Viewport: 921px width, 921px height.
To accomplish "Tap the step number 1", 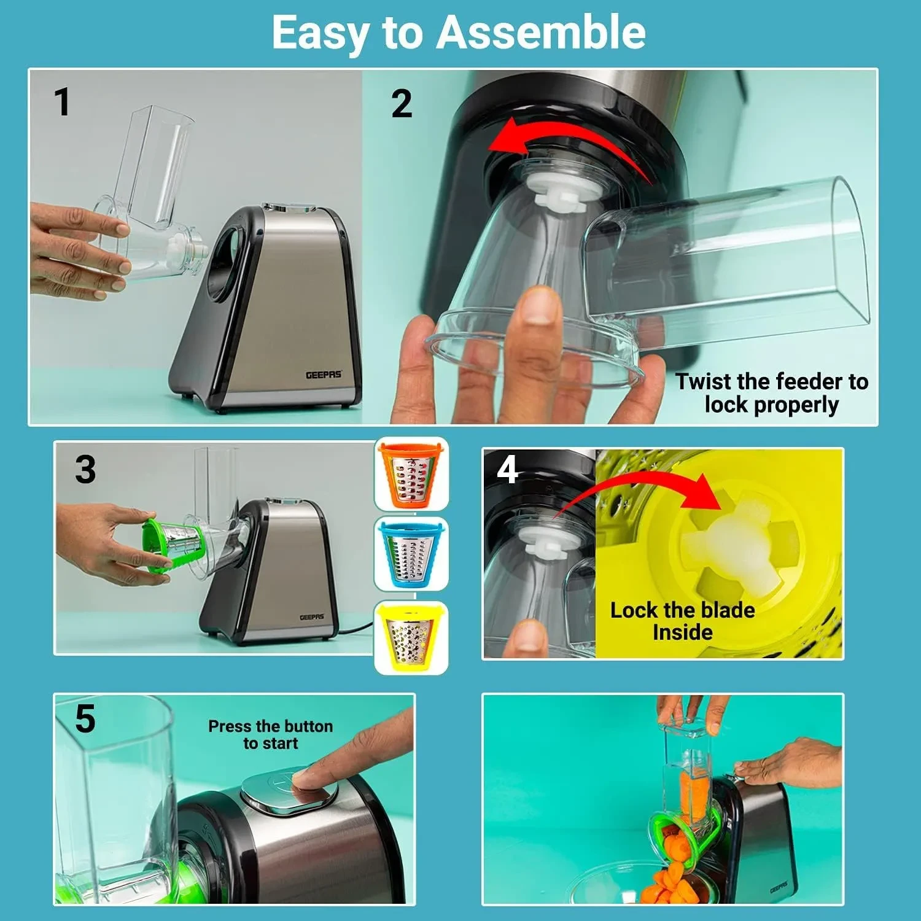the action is coord(62,102).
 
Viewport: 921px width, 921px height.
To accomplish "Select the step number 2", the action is coord(402,104).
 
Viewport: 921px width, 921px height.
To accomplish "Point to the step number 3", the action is coord(85,470).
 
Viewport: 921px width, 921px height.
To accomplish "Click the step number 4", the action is coord(508,470).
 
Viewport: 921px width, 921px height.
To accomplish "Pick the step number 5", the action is coord(85,718).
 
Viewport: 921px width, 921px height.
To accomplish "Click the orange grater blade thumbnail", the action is coord(412,473).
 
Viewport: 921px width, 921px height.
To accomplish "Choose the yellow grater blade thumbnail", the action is coord(412,637).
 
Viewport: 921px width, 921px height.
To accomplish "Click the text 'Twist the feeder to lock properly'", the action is coord(772,393).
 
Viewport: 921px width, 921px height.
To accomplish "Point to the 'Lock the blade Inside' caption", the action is coord(683,621).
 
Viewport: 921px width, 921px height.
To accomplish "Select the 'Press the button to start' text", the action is coord(271,734).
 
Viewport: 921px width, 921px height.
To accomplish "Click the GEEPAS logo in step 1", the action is coord(324,375).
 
